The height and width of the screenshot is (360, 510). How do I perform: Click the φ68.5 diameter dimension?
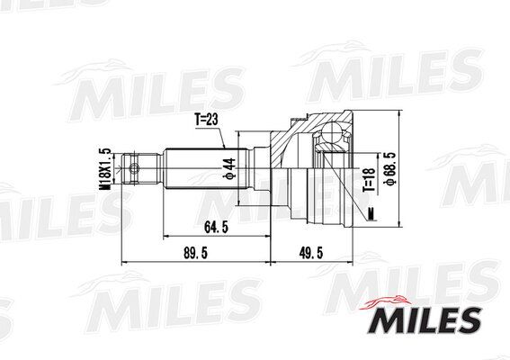(x=389, y=167)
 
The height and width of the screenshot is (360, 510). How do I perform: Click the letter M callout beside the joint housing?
(x=371, y=212)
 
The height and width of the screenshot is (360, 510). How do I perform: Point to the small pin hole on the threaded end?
(x=135, y=166)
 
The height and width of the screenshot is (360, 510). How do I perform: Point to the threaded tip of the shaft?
(x=128, y=166)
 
